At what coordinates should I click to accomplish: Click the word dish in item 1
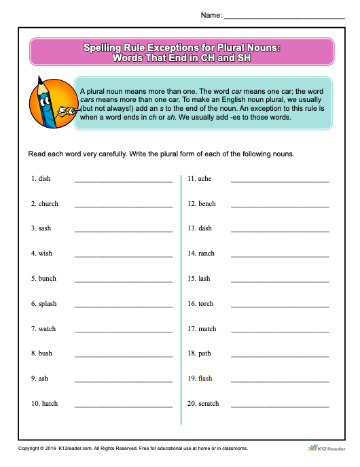(x=45, y=179)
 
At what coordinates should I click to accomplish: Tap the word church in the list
(x=48, y=204)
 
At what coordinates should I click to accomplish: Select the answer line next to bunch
(x=124, y=281)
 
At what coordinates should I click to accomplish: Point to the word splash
(x=48, y=304)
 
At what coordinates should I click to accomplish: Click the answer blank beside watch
(x=124, y=331)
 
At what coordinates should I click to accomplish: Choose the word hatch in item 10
(x=50, y=404)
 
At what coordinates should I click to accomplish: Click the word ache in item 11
(x=205, y=179)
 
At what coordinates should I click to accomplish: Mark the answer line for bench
(x=280, y=206)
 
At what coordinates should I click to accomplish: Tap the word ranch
(x=206, y=254)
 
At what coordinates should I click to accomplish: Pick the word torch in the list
(x=206, y=304)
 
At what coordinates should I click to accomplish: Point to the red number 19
(x=192, y=379)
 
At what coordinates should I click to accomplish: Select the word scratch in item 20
(x=209, y=404)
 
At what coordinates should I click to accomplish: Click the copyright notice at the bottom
(x=132, y=449)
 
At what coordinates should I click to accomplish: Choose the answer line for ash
(x=124, y=381)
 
